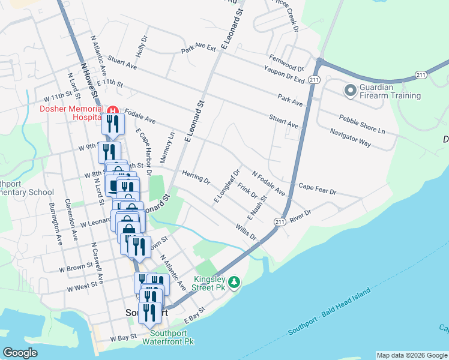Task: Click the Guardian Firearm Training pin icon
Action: point(350,91)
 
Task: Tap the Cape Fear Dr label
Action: point(317,188)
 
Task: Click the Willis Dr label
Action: point(246,233)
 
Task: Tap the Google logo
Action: point(20,353)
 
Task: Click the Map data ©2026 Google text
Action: point(411,355)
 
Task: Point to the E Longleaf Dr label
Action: point(228,186)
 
